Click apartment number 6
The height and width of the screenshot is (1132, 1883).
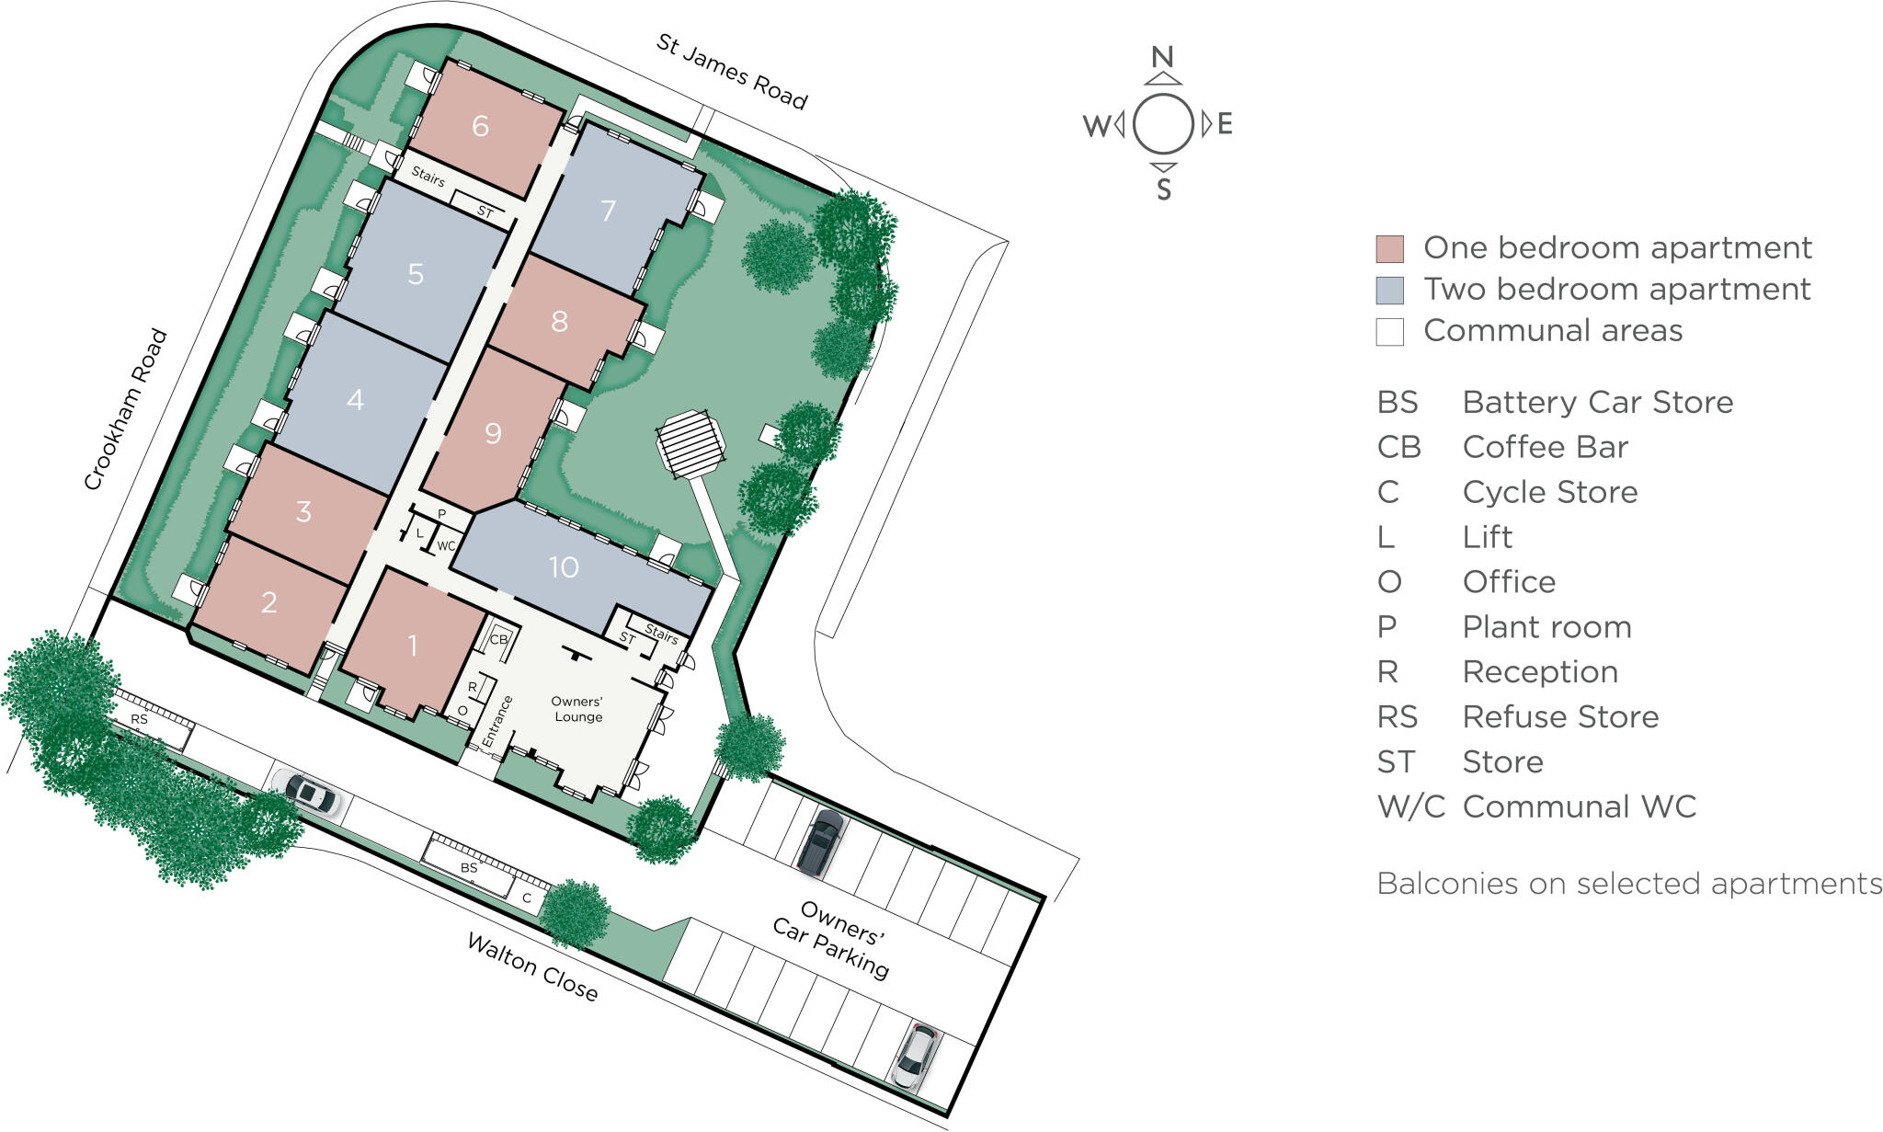pyautogui.click(x=480, y=126)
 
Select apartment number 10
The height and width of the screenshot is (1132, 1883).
pyautogui.click(x=564, y=567)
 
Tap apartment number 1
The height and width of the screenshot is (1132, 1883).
pyautogui.click(x=413, y=646)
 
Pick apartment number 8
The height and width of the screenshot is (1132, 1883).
pyautogui.click(x=559, y=322)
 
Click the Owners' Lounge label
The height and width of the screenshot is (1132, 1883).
pyautogui.click(x=577, y=709)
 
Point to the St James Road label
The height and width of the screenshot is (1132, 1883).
pyautogui.click(x=732, y=71)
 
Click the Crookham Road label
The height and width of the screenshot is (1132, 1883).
pyautogui.click(x=126, y=409)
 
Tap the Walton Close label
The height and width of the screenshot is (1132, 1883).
pyautogui.click(x=532, y=966)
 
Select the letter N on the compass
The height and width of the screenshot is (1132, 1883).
pyautogui.click(x=1163, y=57)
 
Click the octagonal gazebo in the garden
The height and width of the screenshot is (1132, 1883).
pyautogui.click(x=690, y=443)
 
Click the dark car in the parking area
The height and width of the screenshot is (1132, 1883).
pyautogui.click(x=821, y=841)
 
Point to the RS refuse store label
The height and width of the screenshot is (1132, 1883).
pyautogui.click(x=139, y=719)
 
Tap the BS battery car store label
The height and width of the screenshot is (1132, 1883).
pyautogui.click(x=469, y=867)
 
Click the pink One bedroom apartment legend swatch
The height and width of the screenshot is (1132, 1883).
pyautogui.click(x=1389, y=248)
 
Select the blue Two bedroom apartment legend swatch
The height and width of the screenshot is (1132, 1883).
pyautogui.click(x=1389, y=290)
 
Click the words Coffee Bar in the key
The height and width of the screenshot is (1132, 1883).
pyautogui.click(x=1545, y=447)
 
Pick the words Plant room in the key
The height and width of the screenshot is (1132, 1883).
pyautogui.click(x=1546, y=627)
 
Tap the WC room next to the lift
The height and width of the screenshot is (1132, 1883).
pyautogui.click(x=446, y=545)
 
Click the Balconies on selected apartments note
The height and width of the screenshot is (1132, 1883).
pyautogui.click(x=1628, y=884)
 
